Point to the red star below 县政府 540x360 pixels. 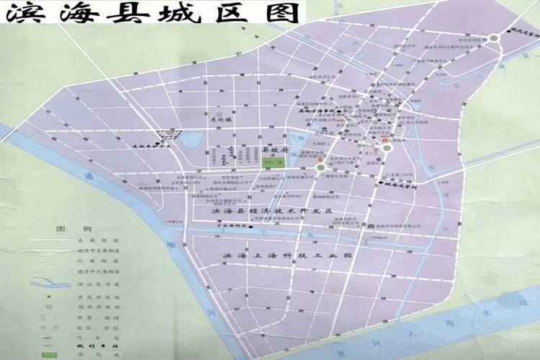273,154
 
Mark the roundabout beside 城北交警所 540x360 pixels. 493,39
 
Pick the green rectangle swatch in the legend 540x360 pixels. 49,355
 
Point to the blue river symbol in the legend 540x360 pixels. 50,282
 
